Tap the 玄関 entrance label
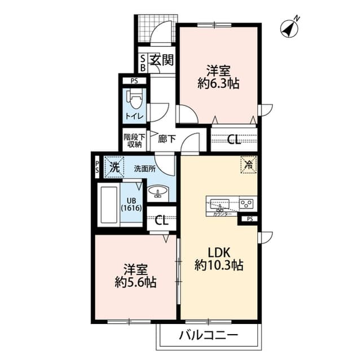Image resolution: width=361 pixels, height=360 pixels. (160, 59)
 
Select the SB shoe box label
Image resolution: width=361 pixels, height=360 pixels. (143, 63)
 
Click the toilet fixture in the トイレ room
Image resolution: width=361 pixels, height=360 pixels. (135, 101)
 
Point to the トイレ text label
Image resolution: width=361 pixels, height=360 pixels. (134, 117)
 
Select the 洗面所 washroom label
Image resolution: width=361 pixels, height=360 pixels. (144, 167)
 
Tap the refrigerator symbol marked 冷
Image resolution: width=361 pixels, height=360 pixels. (248, 165)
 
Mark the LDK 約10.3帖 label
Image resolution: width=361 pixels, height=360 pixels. (219, 258)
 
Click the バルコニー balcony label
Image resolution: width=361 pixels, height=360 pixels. (209, 336)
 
